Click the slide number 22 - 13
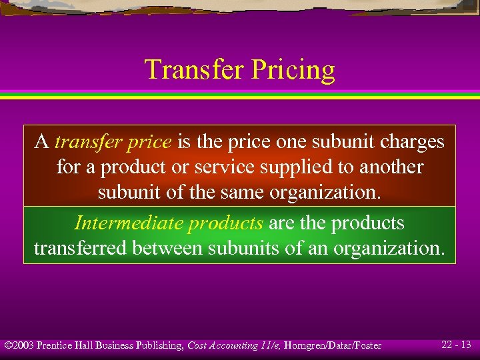(456, 345)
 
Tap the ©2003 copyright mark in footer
(19, 345)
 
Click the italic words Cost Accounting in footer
(223, 345)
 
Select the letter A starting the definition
(41, 142)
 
